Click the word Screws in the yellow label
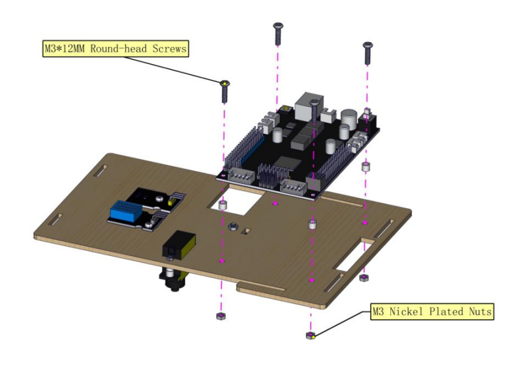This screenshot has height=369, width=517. click(x=169, y=49)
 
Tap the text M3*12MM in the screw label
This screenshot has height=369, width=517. click(x=65, y=49)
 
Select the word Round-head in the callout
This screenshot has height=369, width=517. click(x=119, y=49)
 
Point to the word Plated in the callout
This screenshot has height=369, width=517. click(x=446, y=311)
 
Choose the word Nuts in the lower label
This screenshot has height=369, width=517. click(x=480, y=311)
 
